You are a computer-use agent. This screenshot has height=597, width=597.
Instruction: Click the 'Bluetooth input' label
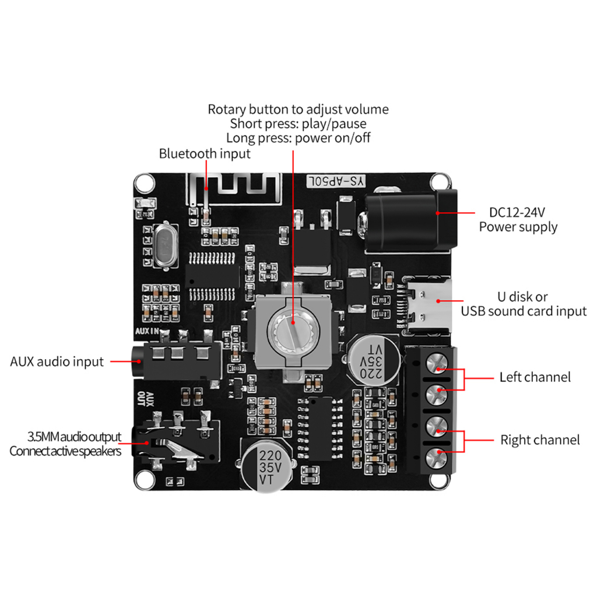point(205,154)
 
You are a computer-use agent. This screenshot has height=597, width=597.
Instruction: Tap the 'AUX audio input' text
point(57,361)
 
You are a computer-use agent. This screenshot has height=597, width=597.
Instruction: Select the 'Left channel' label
point(535,377)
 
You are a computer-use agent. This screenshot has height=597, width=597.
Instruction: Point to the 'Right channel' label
point(540,440)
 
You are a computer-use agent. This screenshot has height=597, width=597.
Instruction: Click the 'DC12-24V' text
point(517,212)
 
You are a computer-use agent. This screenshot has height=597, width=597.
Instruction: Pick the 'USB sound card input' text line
point(524,311)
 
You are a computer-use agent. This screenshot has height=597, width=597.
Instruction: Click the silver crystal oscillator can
point(166,245)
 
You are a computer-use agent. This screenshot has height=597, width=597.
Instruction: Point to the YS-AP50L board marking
point(336,181)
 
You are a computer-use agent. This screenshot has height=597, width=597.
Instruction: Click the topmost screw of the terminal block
point(437,363)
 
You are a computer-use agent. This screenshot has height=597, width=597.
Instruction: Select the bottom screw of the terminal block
point(437,458)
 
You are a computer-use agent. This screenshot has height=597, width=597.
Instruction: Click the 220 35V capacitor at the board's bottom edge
point(267,466)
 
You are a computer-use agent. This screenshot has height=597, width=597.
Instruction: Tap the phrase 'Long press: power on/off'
point(298,138)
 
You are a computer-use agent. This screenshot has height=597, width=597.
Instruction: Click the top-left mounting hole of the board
point(145,183)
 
